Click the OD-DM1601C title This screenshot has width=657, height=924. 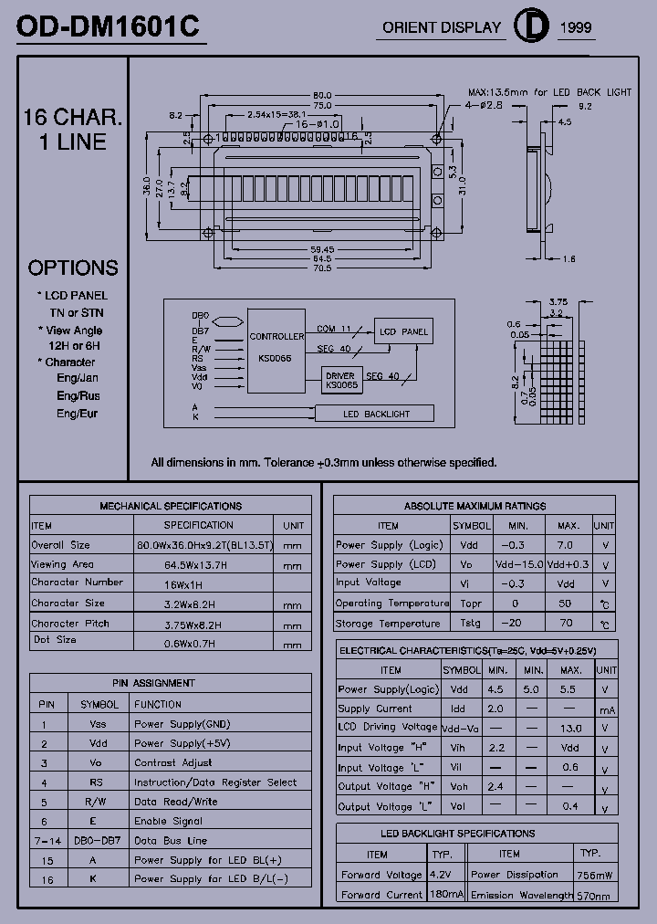pos(109,27)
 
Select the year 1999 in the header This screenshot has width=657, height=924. pos(575,27)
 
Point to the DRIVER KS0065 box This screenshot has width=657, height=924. pos(341,380)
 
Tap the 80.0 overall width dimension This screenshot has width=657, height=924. pos(322,95)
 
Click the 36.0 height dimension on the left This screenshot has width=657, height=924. pos(146,185)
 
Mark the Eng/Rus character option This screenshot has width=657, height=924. pos(78,395)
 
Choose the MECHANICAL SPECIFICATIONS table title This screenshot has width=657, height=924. pos(171,506)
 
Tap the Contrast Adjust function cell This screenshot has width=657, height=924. pos(173,762)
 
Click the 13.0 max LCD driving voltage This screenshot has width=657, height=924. pos(570,729)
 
